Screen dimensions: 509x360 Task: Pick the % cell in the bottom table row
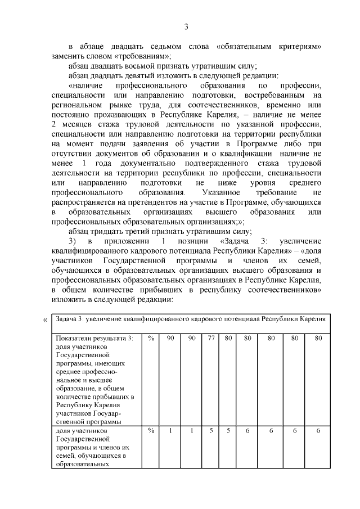(151, 431)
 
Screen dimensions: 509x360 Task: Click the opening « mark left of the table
(46, 321)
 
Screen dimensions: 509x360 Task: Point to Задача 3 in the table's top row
(71, 319)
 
